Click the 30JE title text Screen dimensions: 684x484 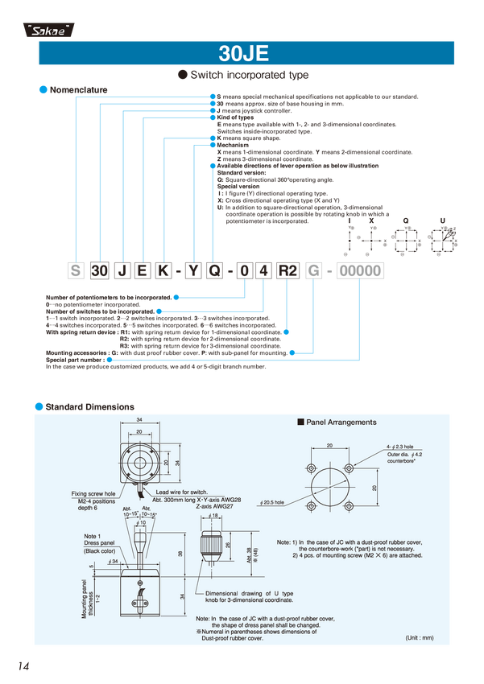pos(242,55)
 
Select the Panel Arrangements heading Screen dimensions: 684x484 pos(337,422)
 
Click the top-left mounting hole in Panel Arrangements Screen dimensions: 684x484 pos(312,468)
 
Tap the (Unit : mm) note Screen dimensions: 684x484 pos(419,637)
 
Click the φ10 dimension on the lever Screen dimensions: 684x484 pos(142,522)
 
